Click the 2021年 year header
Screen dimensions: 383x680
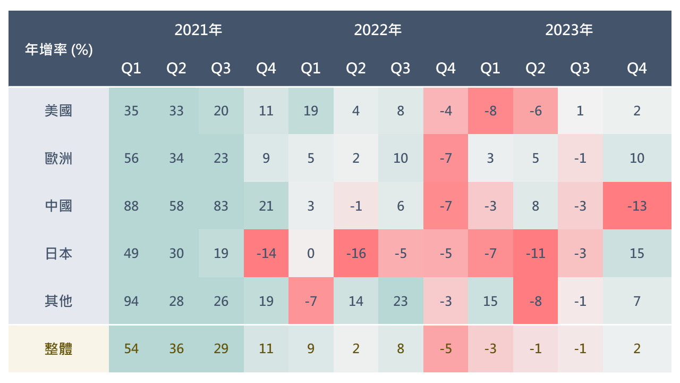[x=198, y=30]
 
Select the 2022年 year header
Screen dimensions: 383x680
[x=378, y=30]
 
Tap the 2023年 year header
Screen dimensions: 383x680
[x=569, y=30]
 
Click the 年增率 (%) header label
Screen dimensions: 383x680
[x=59, y=50]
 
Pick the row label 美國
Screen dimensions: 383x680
[x=58, y=111]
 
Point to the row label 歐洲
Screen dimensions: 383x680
[x=58, y=159]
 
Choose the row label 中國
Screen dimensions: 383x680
[x=58, y=206]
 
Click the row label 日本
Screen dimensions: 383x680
[x=58, y=253]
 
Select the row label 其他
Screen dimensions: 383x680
[x=58, y=301]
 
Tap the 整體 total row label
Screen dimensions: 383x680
[x=58, y=349]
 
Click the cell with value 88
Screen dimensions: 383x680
[x=131, y=206]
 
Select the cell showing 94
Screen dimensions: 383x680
[x=131, y=301]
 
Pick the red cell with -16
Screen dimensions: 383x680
[x=356, y=253]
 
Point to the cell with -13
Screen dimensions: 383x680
[x=636, y=206]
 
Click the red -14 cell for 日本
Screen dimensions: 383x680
[x=266, y=253]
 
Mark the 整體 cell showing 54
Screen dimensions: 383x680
[x=131, y=349]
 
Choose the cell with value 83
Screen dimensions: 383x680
[x=221, y=206]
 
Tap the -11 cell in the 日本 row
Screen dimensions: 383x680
[x=535, y=253]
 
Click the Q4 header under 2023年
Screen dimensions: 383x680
[x=636, y=69]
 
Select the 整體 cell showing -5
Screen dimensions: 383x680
[x=446, y=349]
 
